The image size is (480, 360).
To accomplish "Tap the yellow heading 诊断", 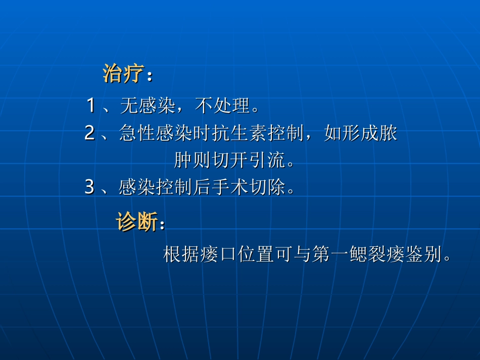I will point(137,222).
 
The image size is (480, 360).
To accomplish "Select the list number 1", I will point(91,106).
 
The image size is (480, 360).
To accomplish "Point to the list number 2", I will point(90,133).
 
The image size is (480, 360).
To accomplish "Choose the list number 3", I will point(90,188).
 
